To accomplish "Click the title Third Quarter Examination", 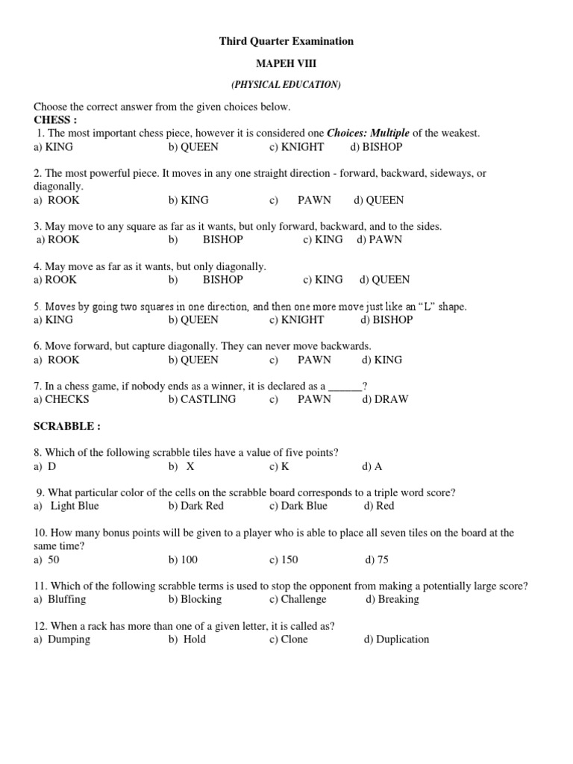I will (x=286, y=41).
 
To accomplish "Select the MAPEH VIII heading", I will (x=286, y=63).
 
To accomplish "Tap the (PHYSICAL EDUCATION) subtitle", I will (x=286, y=85).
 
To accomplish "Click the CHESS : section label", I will (x=55, y=119).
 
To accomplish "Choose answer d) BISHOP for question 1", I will (x=376, y=147).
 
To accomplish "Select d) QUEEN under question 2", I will (x=378, y=200).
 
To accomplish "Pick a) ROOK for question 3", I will (x=58, y=239).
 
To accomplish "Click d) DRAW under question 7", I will (x=385, y=399).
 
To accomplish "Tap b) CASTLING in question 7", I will (x=202, y=399).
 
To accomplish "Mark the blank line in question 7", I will (x=345, y=386).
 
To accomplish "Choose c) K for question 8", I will (x=280, y=466).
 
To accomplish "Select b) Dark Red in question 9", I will (x=196, y=506).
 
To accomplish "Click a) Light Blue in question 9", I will (x=66, y=506).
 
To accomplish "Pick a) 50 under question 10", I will (x=46, y=560).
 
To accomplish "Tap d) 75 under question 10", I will (x=377, y=560).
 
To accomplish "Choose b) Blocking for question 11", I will (x=195, y=599).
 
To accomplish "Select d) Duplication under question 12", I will (x=396, y=639).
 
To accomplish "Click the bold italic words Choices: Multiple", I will (x=369, y=134).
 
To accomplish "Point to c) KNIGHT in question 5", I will (x=297, y=319).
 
